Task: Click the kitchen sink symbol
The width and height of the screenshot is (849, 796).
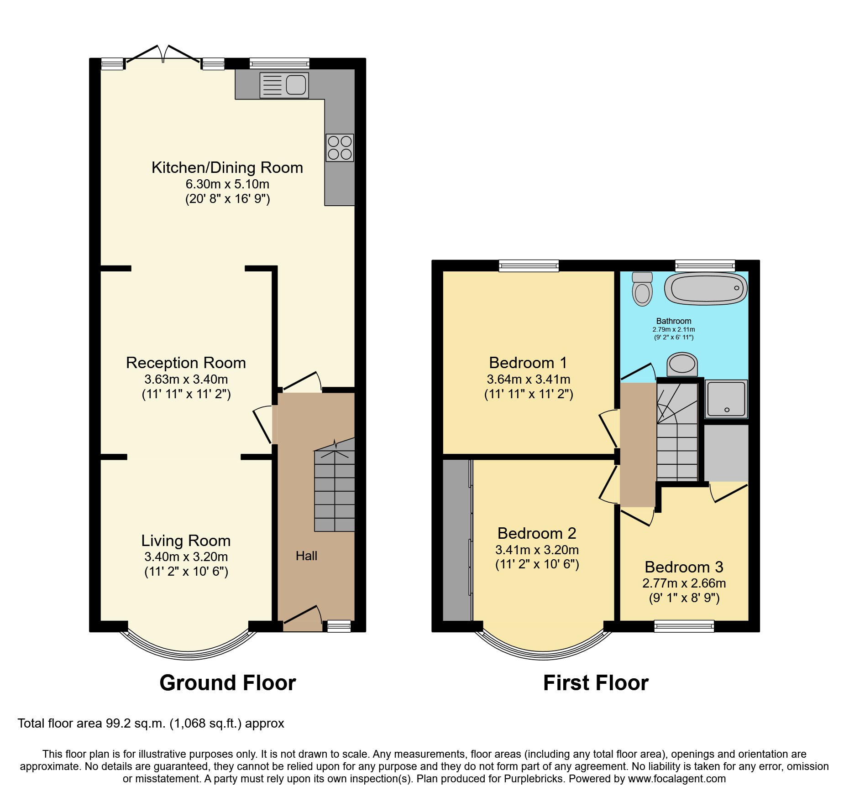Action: (284, 85)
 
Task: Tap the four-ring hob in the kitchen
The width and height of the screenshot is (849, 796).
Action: (340, 148)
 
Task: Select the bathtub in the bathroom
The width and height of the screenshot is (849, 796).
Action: (706, 288)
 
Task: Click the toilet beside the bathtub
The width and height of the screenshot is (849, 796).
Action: (642, 288)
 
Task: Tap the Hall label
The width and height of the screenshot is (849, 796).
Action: (306, 556)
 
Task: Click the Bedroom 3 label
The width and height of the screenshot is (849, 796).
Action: (684, 567)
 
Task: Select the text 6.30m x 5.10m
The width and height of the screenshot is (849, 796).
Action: (227, 184)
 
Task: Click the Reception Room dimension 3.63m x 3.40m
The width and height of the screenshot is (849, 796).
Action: (186, 379)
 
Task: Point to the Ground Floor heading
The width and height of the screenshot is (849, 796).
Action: (227, 683)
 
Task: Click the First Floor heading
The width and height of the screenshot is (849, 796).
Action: (596, 683)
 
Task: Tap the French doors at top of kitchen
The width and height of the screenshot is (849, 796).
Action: (163, 56)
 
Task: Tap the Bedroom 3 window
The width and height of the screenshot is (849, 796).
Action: (684, 626)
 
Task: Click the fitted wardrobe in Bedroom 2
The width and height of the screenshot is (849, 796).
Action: (456, 541)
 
